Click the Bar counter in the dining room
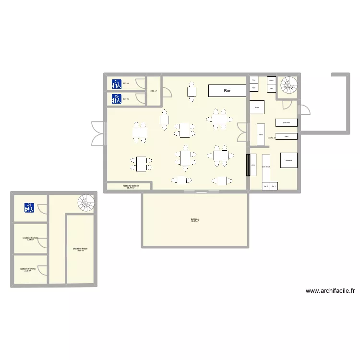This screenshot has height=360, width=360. (x=227, y=91)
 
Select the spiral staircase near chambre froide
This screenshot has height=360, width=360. (x=86, y=203)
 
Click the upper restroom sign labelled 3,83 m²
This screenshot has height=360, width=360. (x=116, y=84)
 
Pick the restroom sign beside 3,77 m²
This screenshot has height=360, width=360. (x=116, y=99)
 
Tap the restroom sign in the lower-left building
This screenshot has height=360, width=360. (x=29, y=208)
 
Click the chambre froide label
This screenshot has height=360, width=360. (x=80, y=249)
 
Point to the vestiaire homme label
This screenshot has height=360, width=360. (x=30, y=238)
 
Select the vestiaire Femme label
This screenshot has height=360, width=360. (x=28, y=269)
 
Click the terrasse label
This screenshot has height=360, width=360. (x=194, y=220)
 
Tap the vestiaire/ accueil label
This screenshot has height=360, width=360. (x=131, y=186)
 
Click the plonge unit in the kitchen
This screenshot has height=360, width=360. (x=257, y=107)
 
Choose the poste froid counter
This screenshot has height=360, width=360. (x=286, y=122)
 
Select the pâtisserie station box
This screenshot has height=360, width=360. (x=288, y=160)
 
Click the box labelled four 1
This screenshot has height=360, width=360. (x=274, y=186)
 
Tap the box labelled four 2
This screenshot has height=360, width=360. (x=265, y=186)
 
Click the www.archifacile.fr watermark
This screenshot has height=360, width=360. (x=329, y=290)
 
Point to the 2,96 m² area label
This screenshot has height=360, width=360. (x=154, y=91)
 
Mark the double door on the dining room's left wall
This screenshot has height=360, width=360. (x=98, y=133)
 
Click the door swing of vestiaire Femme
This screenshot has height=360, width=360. (x=42, y=271)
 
